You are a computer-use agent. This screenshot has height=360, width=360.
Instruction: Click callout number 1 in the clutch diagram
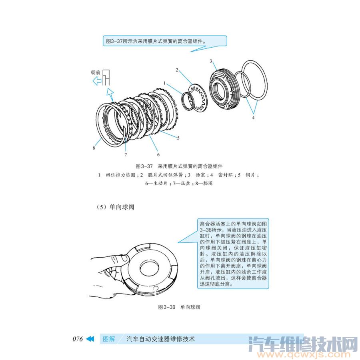point(164,83)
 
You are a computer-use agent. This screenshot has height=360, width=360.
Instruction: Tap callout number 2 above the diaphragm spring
point(176,70)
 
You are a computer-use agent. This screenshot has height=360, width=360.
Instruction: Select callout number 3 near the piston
point(210,61)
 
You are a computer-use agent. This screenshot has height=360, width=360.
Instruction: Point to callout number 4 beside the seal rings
point(253,118)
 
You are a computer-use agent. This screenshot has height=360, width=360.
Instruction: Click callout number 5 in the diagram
point(178,138)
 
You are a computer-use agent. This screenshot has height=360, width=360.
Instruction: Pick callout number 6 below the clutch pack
point(158,154)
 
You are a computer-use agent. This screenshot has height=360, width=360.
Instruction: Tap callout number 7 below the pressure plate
point(125,154)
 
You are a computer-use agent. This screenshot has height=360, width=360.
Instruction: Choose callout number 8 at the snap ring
point(94,148)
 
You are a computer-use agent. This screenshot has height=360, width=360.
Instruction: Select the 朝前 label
point(95,73)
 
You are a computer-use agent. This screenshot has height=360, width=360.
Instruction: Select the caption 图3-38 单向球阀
point(179,307)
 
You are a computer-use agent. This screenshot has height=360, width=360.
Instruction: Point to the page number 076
point(77,339)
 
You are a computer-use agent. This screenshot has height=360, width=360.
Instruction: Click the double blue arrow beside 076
point(90,339)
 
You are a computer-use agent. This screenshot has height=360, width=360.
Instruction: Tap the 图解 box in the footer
point(109,339)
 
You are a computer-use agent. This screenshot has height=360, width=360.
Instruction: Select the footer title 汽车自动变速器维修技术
point(160,339)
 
